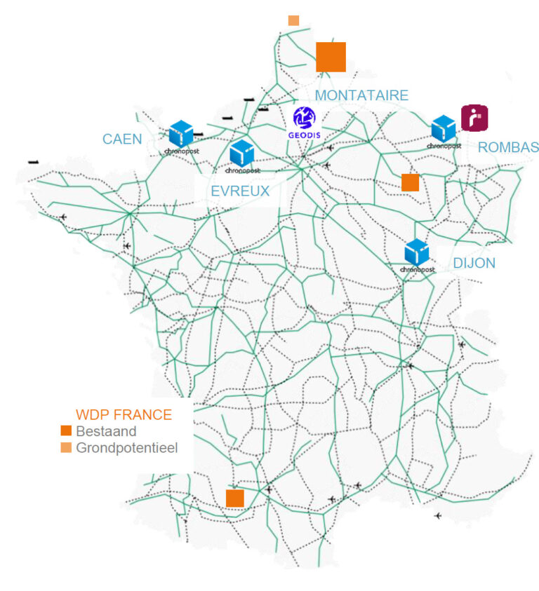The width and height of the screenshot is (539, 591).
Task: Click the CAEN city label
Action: click(122, 139)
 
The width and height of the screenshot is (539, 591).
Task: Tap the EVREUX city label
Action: click(240, 191)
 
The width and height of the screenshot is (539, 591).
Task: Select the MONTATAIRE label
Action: click(361, 95)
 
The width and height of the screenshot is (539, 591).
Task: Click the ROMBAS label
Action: click(508, 147)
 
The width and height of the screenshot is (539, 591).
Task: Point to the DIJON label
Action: click(474, 264)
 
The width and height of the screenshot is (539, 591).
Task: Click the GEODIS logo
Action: click(305, 121)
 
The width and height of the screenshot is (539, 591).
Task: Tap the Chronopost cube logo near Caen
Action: click(181, 135)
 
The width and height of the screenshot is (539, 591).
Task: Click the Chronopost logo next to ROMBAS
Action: click(444, 130)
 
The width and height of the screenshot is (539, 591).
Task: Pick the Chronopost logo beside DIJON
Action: click(417, 254)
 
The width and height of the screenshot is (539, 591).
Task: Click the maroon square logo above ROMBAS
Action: click(474, 117)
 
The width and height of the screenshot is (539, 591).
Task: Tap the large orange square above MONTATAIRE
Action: click(331, 57)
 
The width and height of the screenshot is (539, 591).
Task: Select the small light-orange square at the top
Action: click(293, 20)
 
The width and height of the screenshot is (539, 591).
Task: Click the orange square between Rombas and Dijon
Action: click(410, 182)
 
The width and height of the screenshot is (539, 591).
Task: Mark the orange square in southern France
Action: click(234, 498)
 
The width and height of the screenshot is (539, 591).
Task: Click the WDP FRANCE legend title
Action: click(124, 414)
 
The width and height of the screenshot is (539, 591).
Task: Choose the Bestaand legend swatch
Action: click(67, 431)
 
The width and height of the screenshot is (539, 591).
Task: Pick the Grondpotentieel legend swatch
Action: click(67, 447)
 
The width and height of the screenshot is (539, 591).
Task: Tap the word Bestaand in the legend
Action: click(106, 431)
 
